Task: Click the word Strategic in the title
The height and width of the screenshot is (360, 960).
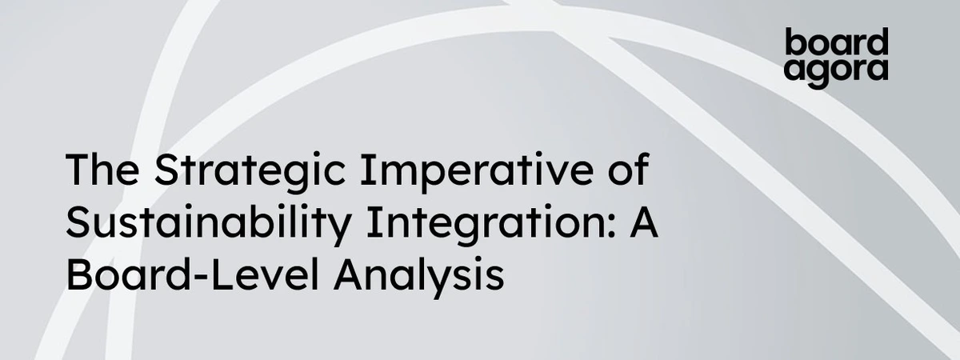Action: point(250,171)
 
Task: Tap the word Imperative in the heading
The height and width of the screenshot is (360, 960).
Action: point(477,171)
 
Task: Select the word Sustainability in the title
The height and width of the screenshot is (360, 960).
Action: point(209,224)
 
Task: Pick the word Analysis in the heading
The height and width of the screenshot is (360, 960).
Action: point(419,277)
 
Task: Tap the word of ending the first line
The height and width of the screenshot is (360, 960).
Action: point(629,169)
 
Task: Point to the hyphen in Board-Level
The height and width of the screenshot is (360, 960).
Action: point(200,277)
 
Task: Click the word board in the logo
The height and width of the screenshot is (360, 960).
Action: point(837,42)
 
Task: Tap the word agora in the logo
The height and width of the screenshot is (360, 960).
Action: point(836,73)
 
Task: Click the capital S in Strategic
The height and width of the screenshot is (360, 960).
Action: point(166,170)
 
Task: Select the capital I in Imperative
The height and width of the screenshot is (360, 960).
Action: point(364,170)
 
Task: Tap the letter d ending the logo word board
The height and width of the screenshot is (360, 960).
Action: point(878,42)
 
